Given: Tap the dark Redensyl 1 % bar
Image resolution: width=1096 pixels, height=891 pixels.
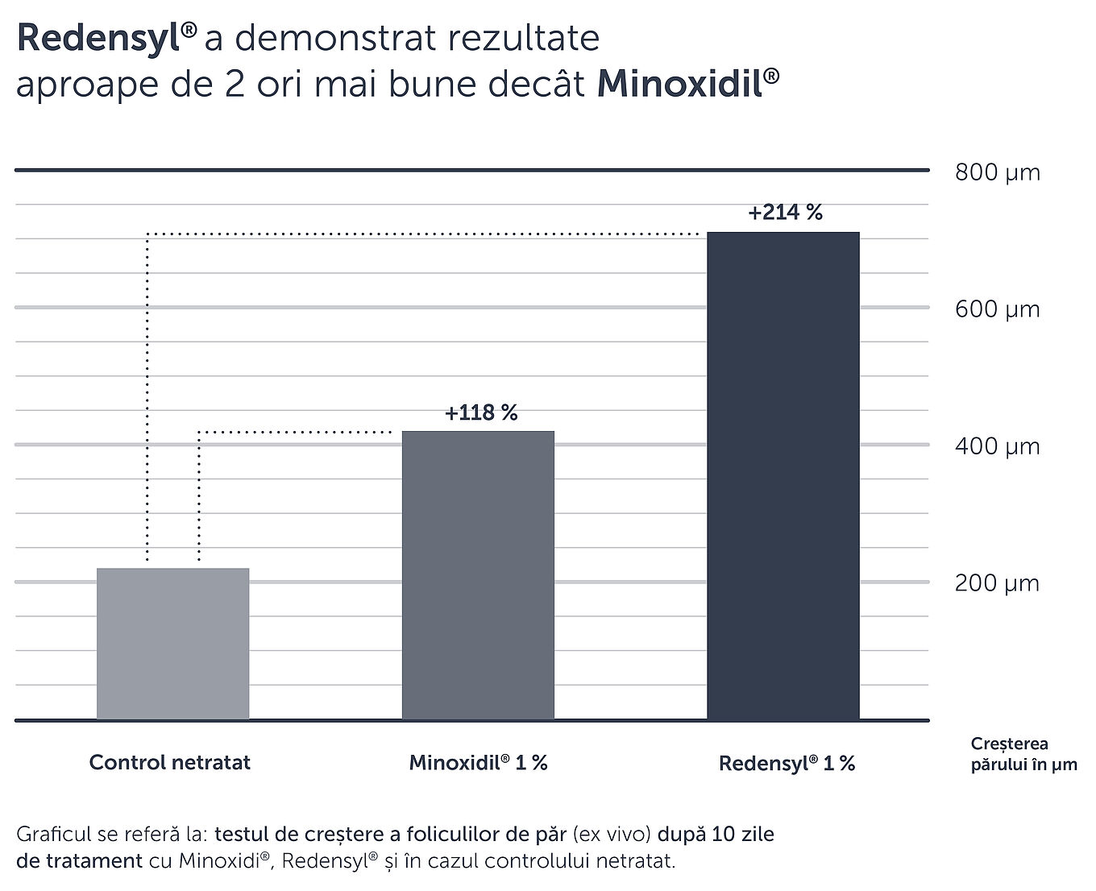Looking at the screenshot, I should pyautogui.click(x=783, y=475).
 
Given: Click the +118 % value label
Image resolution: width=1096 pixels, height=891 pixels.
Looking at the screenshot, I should pyautogui.click(x=481, y=413).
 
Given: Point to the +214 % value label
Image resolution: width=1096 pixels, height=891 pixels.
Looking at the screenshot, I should pyautogui.click(x=785, y=213).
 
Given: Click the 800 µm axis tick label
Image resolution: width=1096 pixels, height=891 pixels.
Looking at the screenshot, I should pyautogui.click(x=997, y=172).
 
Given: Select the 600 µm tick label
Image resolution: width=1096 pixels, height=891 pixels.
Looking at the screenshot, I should pyautogui.click(x=997, y=309).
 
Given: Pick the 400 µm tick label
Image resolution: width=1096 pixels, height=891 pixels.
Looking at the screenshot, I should pyautogui.click(x=997, y=446).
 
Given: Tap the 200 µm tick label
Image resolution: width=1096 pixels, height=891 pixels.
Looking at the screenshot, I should pyautogui.click(x=997, y=583).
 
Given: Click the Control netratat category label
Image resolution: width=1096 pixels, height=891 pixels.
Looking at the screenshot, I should pyautogui.click(x=170, y=762).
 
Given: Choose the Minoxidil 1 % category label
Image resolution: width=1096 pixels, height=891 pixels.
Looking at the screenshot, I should pyautogui.click(x=478, y=762).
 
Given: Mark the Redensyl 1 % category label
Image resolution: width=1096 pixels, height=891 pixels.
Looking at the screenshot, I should pyautogui.click(x=787, y=763).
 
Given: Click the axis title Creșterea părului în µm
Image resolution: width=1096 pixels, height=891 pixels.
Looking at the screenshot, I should pyautogui.click(x=1023, y=754).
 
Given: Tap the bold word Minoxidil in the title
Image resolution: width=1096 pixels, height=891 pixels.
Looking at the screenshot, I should pyautogui.click(x=680, y=85).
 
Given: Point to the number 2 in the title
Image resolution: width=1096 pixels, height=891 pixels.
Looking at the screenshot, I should pyautogui.click(x=235, y=85).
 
